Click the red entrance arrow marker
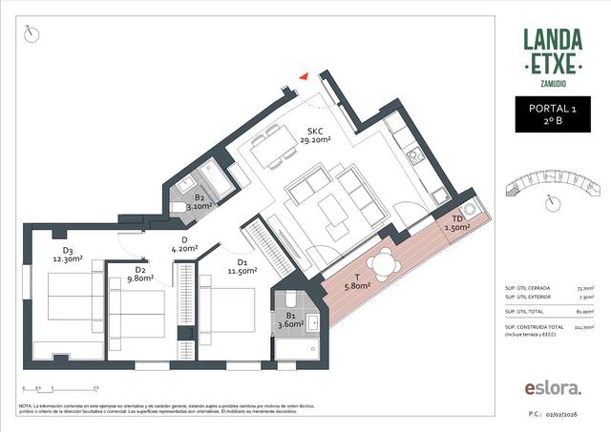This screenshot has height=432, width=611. (x=304, y=76)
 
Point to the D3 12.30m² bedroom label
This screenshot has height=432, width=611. (x=68, y=255)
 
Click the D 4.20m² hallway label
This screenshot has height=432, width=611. (x=183, y=244)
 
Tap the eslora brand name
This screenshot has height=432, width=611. (x=552, y=388)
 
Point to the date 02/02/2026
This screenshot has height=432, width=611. (x=574, y=416)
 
